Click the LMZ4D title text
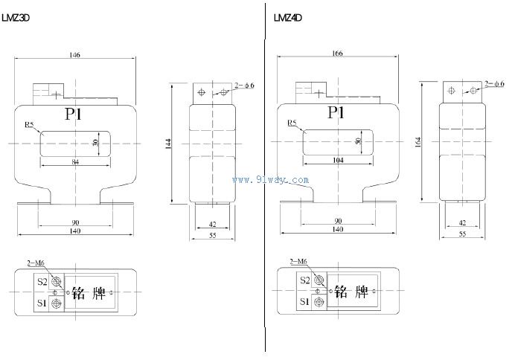[x=287, y=16]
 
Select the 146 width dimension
[x=74, y=55]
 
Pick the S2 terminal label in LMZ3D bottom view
[x=42, y=282]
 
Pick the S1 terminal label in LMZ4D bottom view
[x=304, y=302]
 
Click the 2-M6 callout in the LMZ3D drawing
[x=35, y=262]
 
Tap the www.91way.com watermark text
[x=271, y=179]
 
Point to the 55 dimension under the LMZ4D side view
[x=463, y=234]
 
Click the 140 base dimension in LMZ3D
[x=75, y=232]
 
